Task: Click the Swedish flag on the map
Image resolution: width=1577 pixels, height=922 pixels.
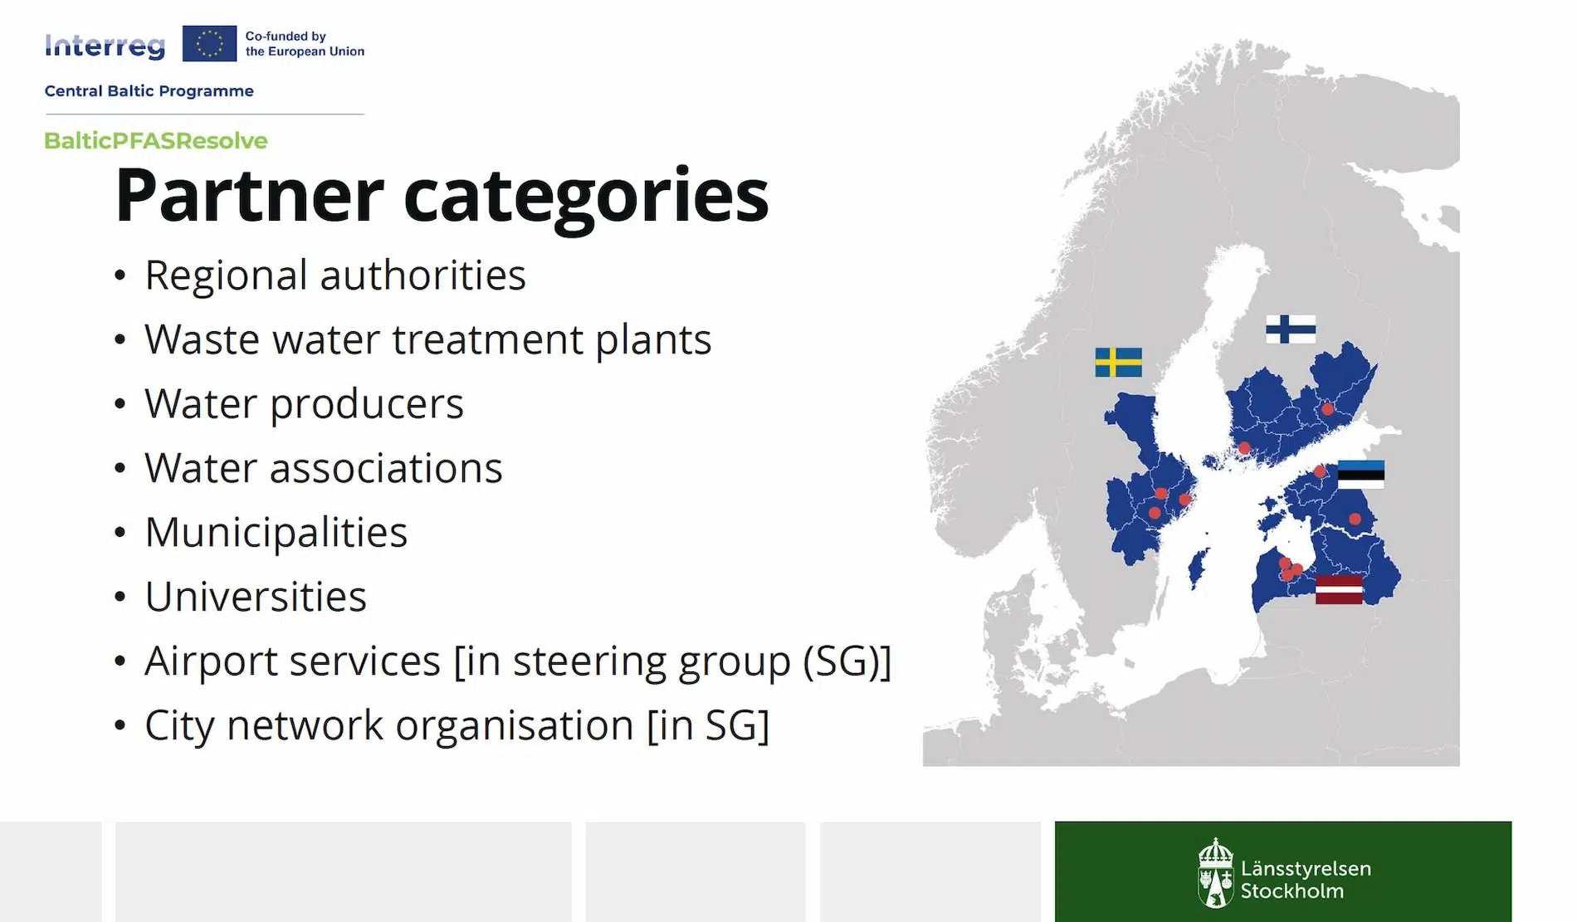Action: [1118, 363]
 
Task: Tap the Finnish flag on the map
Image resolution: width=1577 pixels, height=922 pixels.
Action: [1291, 329]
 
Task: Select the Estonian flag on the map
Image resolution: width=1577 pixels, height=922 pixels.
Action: [1361, 475]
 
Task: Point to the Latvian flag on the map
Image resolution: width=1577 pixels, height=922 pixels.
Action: [1339, 590]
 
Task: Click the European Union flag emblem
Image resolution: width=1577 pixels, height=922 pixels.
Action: [209, 43]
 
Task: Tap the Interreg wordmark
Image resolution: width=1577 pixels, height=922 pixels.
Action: [105, 46]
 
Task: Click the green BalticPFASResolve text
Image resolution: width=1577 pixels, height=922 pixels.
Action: [156, 140]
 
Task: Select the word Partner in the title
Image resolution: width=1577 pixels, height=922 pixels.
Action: [249, 196]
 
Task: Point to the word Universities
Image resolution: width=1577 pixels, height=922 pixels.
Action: [256, 596]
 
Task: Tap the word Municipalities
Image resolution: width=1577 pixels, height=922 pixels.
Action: [276, 533]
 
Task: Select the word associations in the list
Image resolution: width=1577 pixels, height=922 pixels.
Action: [386, 468]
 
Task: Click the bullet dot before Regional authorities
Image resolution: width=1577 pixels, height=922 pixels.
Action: [120, 275]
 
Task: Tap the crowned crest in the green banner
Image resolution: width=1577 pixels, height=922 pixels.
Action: [1215, 872]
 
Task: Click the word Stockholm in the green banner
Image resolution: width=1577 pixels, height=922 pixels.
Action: [1291, 891]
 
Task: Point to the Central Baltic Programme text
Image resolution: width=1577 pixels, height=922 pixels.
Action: [149, 91]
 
